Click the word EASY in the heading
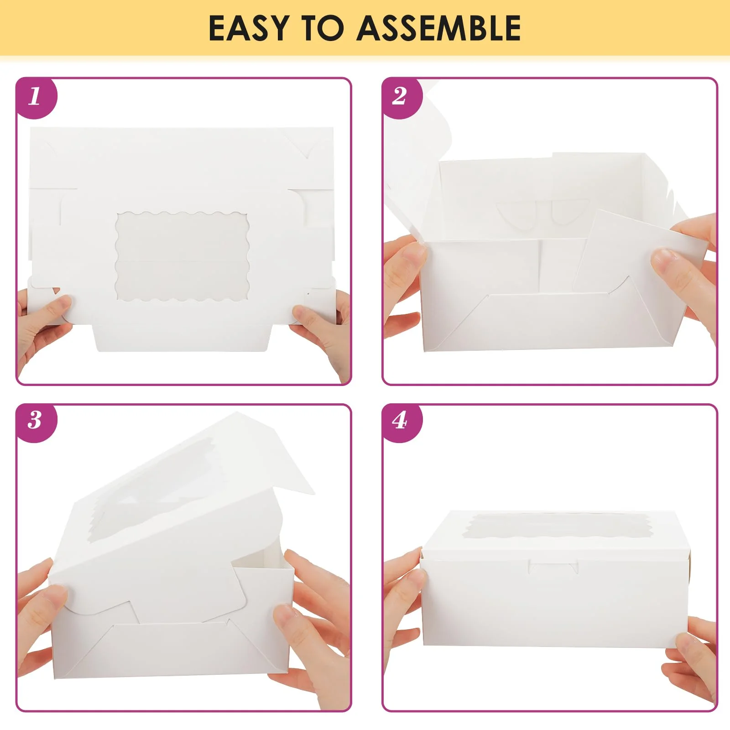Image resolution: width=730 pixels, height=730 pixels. click(x=249, y=28)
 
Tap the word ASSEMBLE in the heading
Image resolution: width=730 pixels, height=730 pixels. click(x=438, y=28)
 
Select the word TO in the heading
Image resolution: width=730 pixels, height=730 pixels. click(x=322, y=28)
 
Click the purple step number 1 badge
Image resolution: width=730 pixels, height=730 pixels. click(x=36, y=97)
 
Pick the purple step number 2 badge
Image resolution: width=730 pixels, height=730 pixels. click(x=401, y=97)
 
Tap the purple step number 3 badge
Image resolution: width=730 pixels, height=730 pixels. click(x=36, y=422)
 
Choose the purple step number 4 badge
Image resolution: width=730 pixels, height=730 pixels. click(x=401, y=422)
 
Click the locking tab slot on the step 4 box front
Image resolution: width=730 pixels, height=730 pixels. click(x=553, y=568)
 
